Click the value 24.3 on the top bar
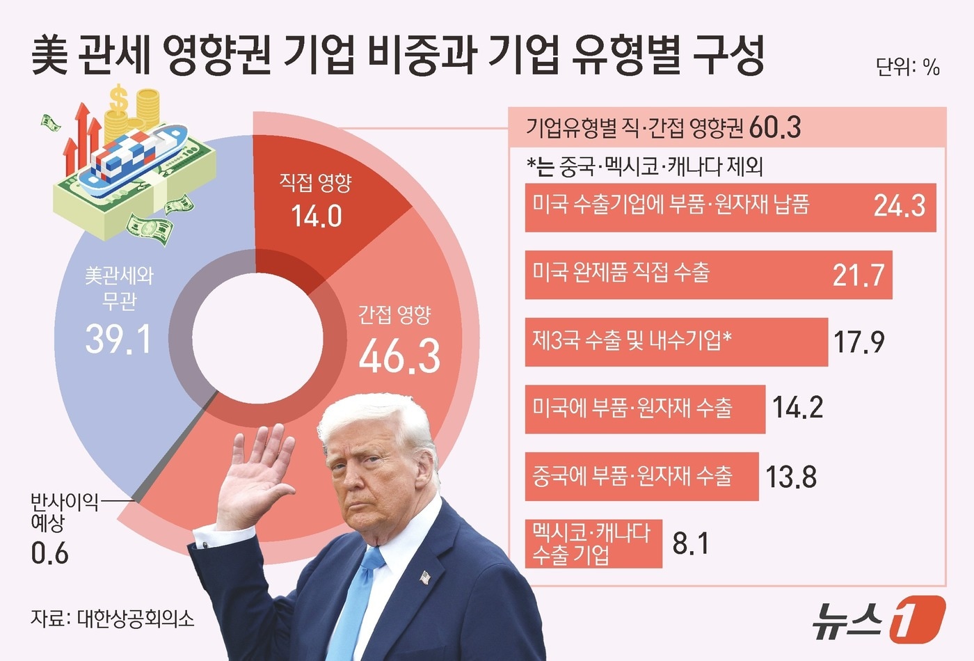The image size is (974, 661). coord(899,206)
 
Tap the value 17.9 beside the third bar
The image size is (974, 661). coord(859,342)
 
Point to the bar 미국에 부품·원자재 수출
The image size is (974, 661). coord(644,409)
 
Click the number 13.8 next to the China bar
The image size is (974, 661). coord(791,477)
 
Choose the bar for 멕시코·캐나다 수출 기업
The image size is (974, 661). coord(593,543)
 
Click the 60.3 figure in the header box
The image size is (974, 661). coord(776,128)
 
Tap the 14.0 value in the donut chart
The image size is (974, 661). coord(317,216)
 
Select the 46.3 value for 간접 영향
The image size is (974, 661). coord(399,356)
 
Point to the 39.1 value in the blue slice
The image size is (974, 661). coord(118,340)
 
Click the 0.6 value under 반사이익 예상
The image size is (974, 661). coord(50,554)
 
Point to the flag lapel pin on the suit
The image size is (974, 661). coord(425,577)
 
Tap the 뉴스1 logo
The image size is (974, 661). coord(878,618)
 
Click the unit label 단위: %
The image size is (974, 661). coord(908,67)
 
